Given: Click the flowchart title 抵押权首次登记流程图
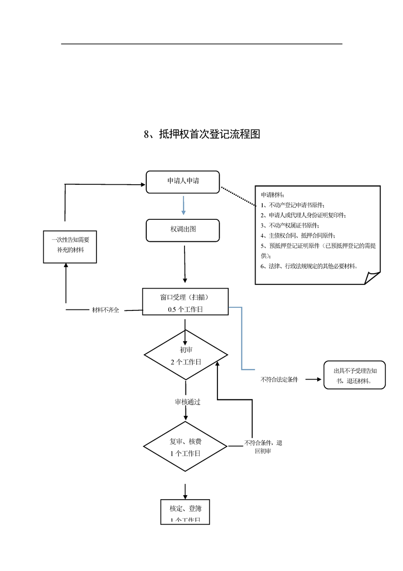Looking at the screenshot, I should [202, 134].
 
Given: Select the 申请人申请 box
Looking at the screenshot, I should [182, 182].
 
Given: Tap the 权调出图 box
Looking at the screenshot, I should [182, 230].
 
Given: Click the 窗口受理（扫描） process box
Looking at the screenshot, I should [185, 301].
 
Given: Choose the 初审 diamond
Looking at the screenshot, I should [185, 355].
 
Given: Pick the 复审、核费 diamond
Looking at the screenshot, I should [185, 446].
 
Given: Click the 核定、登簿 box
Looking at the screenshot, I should [184, 511].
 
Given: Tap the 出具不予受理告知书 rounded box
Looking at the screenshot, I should [354, 375].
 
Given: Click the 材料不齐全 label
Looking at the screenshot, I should [105, 310].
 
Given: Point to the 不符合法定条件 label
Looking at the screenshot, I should [279, 379].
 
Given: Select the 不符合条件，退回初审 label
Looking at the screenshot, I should [263, 446].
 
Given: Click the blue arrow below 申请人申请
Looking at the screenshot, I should [183, 205].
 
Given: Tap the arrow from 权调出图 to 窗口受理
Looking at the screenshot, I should [184, 265].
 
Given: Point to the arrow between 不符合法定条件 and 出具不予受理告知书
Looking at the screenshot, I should [313, 379].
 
